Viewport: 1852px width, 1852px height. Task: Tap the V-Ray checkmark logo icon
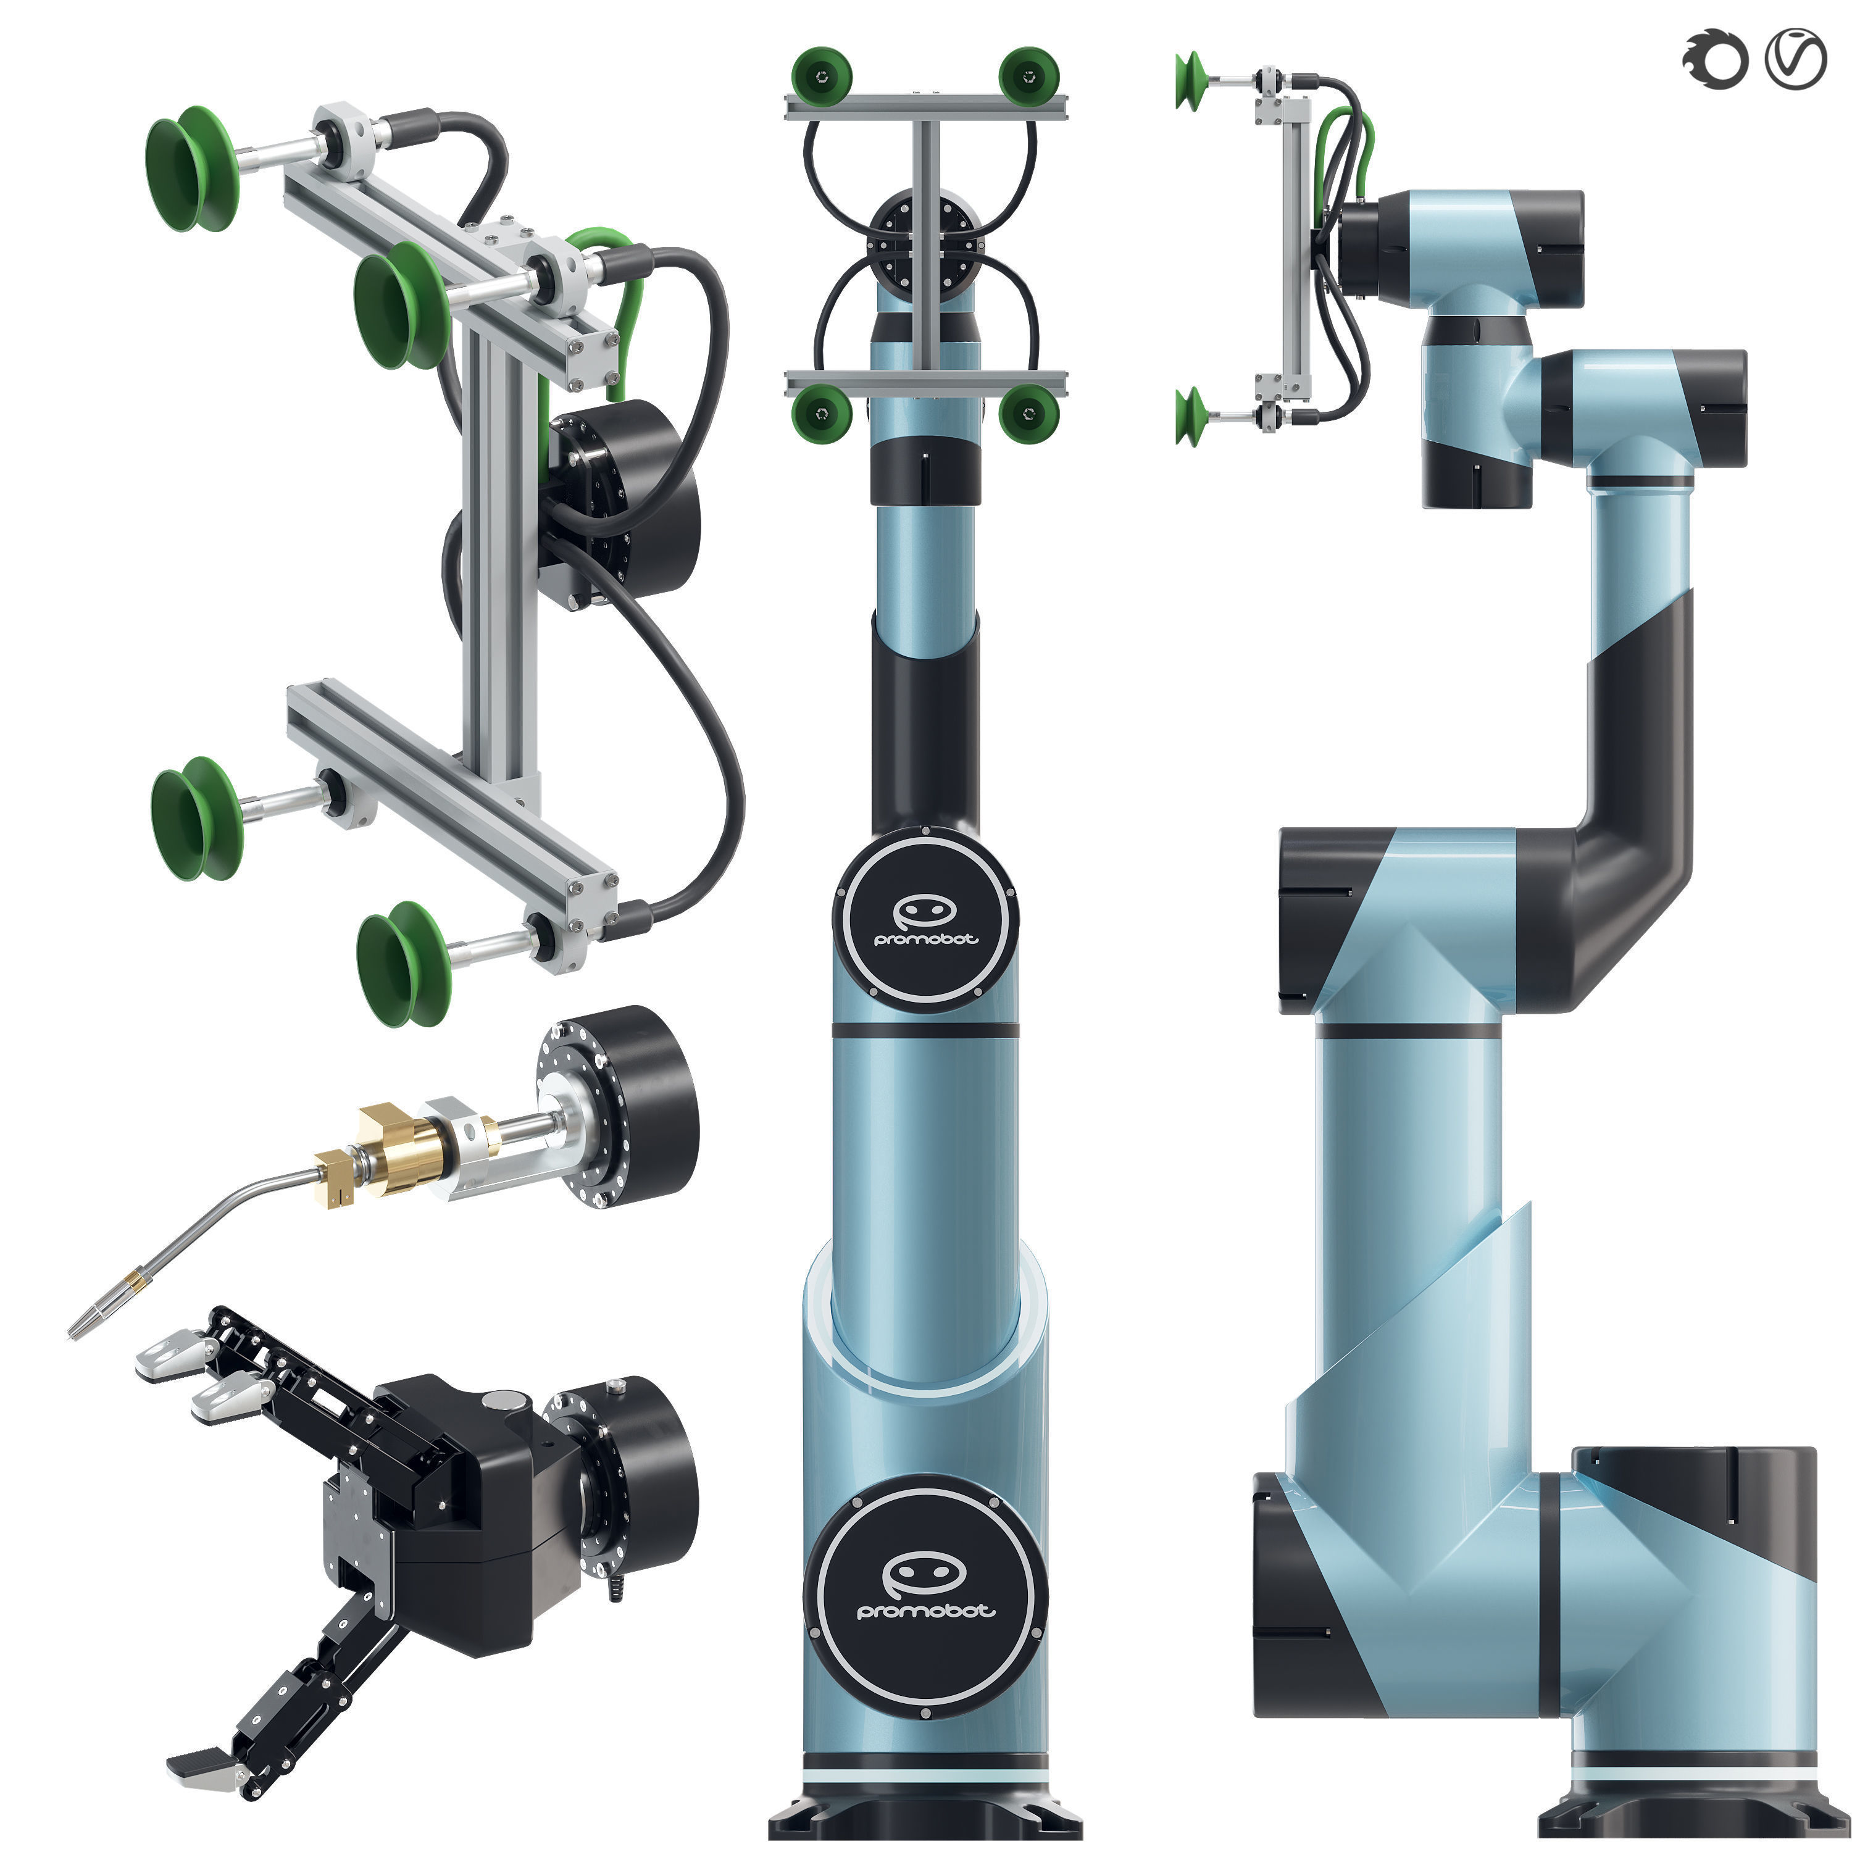(1795, 59)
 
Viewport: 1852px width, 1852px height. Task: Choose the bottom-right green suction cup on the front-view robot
(1028, 412)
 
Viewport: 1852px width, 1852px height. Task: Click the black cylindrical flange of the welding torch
(638, 1107)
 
